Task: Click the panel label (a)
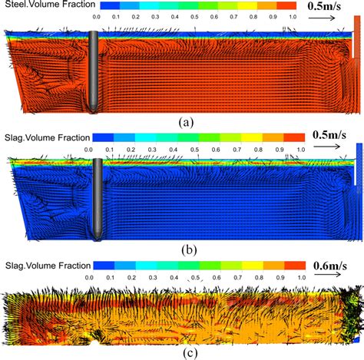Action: [184, 121]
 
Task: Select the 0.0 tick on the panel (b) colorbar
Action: [89, 150]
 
